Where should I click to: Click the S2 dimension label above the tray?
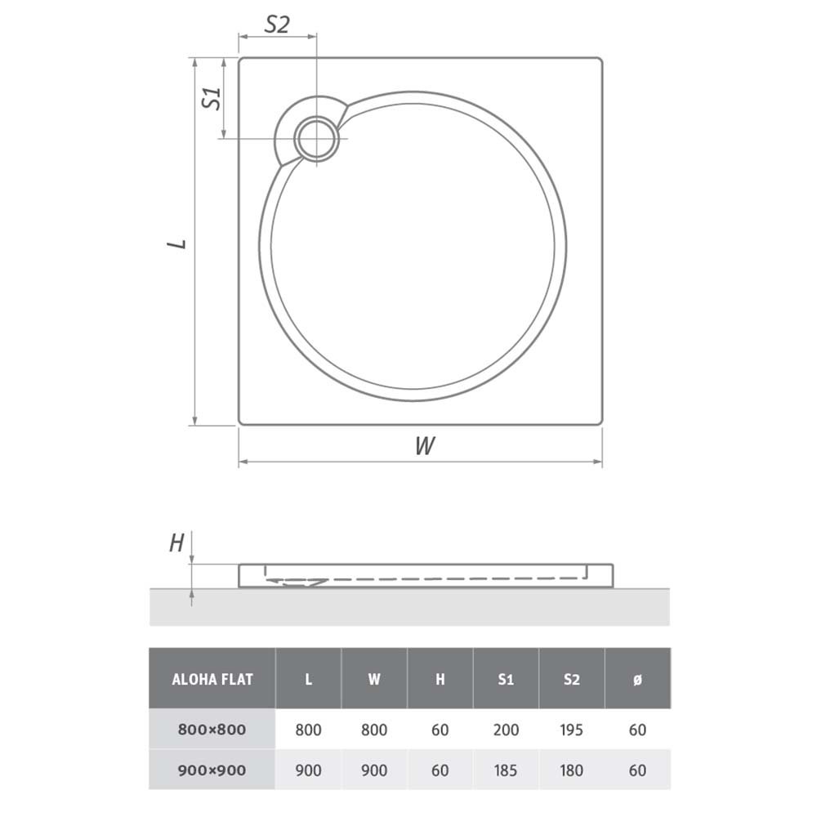point(277,24)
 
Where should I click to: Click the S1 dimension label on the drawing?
point(212,99)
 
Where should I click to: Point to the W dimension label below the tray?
point(425,445)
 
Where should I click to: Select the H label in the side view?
point(176,543)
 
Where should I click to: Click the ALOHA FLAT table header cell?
point(212,679)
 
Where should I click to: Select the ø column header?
point(637,680)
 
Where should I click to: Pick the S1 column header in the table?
point(506,679)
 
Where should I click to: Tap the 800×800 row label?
point(212,730)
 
